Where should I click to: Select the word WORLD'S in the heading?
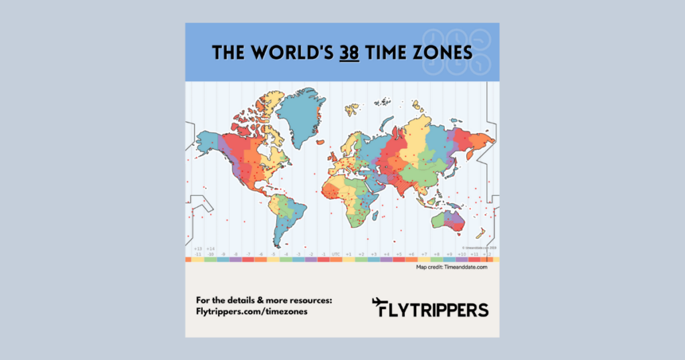click(x=291, y=52)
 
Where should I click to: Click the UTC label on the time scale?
click(x=336, y=254)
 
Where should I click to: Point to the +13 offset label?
click(x=198, y=249)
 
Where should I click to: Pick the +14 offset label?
click(x=211, y=249)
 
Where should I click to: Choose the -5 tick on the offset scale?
click(x=273, y=254)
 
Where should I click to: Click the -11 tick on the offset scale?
click(x=198, y=254)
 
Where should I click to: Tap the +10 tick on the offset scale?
click(x=462, y=254)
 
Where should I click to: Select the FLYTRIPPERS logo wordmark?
click(x=438, y=310)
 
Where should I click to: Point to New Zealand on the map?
click(x=480, y=232)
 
